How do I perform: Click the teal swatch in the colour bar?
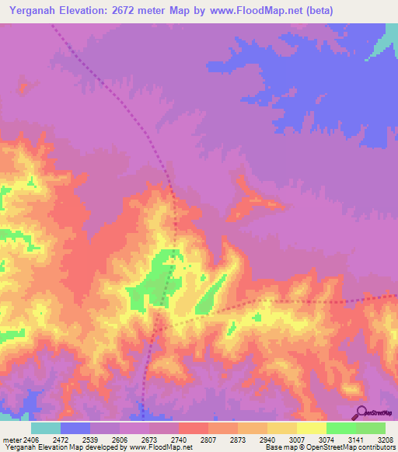(x=46, y=429)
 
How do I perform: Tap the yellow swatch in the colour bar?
(x=311, y=429)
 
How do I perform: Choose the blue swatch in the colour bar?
(x=75, y=429)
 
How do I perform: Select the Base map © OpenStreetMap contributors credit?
(x=329, y=447)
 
